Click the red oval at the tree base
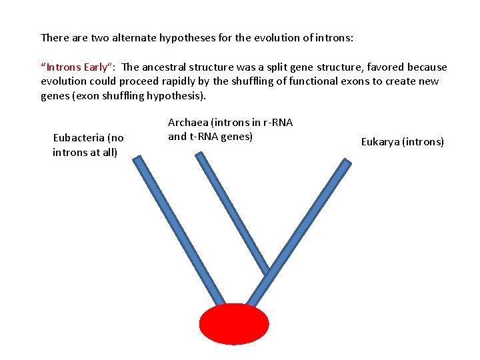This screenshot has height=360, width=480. [234, 324]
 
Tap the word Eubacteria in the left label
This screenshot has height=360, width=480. [79, 138]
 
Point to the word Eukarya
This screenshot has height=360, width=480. [381, 141]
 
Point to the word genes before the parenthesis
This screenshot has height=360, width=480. [55, 96]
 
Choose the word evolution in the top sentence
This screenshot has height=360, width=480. [271, 37]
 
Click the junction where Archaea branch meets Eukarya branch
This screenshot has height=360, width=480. [268, 273]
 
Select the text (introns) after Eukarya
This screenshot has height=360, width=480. [423, 141]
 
